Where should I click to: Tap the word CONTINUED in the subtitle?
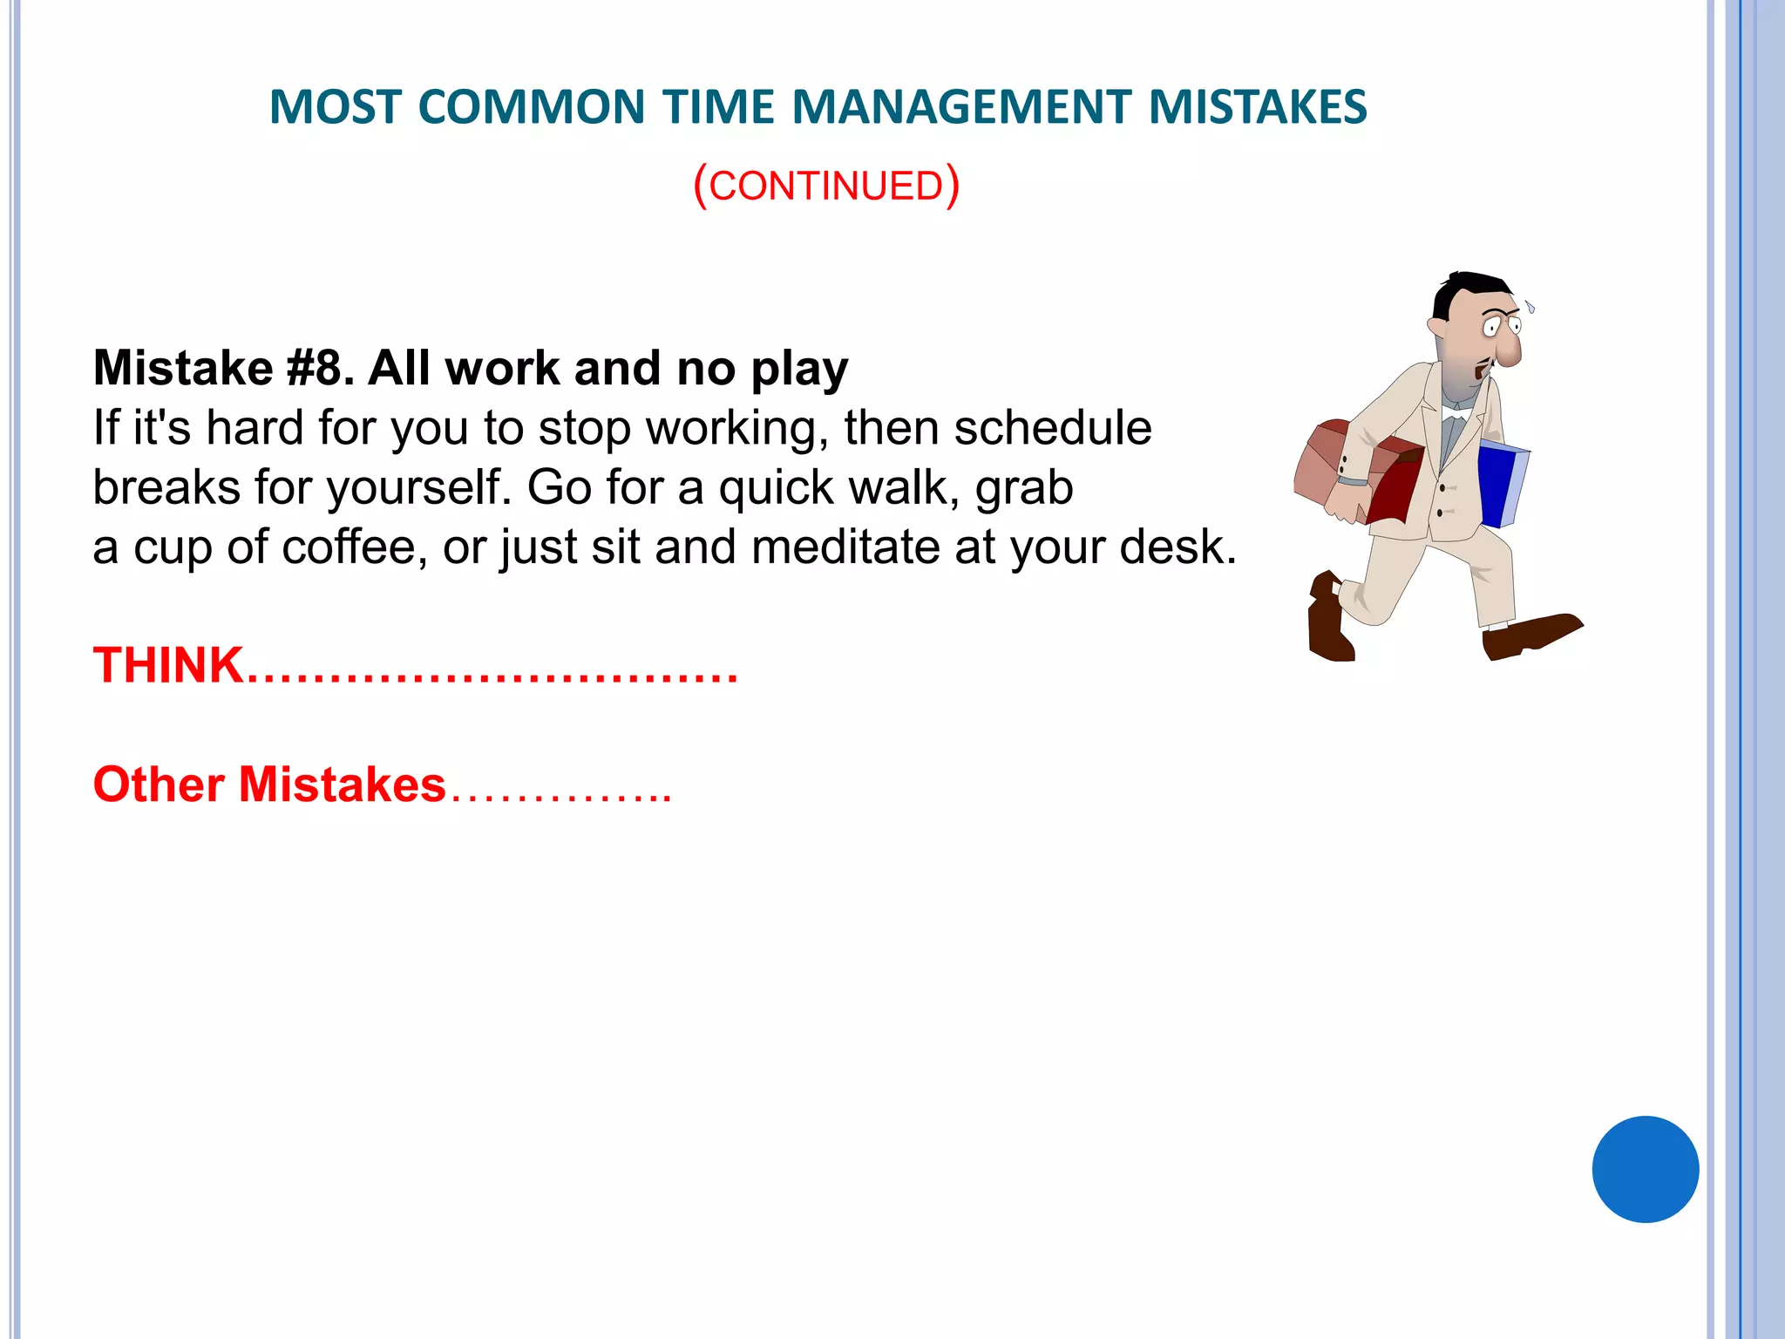pyautogui.click(x=825, y=187)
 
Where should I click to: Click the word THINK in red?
pyautogui.click(x=168, y=665)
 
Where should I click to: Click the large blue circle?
pyautogui.click(x=1645, y=1169)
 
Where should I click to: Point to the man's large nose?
pyautogui.click(x=1509, y=350)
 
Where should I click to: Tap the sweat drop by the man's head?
pyautogui.click(x=1530, y=307)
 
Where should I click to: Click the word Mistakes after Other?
pyautogui.click(x=342, y=785)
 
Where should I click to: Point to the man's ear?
pyautogui.click(x=1437, y=327)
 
